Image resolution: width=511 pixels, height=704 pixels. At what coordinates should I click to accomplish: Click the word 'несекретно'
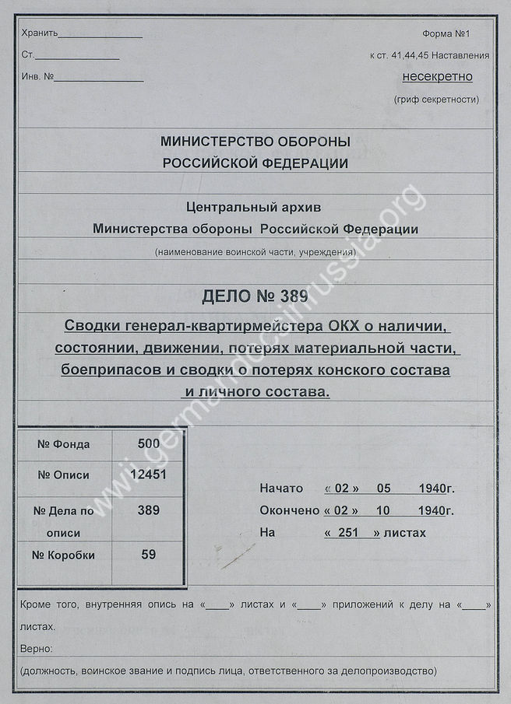point(437,76)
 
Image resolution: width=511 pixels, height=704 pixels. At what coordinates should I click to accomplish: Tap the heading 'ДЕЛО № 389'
point(255,296)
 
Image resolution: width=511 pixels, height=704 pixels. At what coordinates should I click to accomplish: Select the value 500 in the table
point(148,443)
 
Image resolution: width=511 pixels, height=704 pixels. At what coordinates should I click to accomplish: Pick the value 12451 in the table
point(148,475)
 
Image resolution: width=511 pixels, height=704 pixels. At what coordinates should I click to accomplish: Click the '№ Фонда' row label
point(64,444)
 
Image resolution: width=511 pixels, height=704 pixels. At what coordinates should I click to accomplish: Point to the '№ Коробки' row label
point(64,555)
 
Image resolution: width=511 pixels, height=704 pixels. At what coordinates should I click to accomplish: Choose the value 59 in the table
point(148,555)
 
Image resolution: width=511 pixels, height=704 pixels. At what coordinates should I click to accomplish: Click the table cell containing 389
point(148,510)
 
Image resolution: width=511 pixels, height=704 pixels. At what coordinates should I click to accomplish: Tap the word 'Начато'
point(280,489)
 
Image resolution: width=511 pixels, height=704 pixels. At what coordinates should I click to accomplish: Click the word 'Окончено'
point(289,510)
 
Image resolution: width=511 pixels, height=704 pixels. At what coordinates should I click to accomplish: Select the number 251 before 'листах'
point(352,533)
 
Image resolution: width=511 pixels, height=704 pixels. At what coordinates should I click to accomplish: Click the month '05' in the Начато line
point(383,489)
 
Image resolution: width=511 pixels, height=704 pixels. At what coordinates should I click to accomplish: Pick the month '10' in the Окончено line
point(383,510)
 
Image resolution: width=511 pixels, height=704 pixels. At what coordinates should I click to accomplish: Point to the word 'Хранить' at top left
point(39,33)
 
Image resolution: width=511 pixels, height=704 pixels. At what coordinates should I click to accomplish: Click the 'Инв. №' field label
point(37,77)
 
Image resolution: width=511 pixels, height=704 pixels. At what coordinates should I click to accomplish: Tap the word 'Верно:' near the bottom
point(37,648)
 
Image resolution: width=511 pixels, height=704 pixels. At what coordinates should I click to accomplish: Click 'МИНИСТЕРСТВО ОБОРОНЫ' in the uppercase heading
point(255,142)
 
